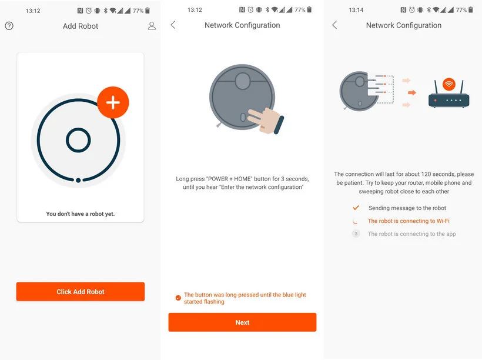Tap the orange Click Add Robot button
point(80,291)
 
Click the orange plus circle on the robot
point(113,102)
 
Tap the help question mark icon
point(9,26)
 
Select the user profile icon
point(152,26)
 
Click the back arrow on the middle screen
point(173,25)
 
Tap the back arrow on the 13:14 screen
point(334,25)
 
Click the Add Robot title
point(80,26)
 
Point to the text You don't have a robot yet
point(80,214)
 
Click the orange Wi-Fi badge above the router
point(449,84)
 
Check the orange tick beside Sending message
point(356,208)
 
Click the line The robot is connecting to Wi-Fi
point(409,221)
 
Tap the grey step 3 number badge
point(356,234)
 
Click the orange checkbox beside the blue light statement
point(178,298)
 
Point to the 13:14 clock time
point(356,10)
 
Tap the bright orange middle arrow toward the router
point(412,92)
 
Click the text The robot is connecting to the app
point(412,234)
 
